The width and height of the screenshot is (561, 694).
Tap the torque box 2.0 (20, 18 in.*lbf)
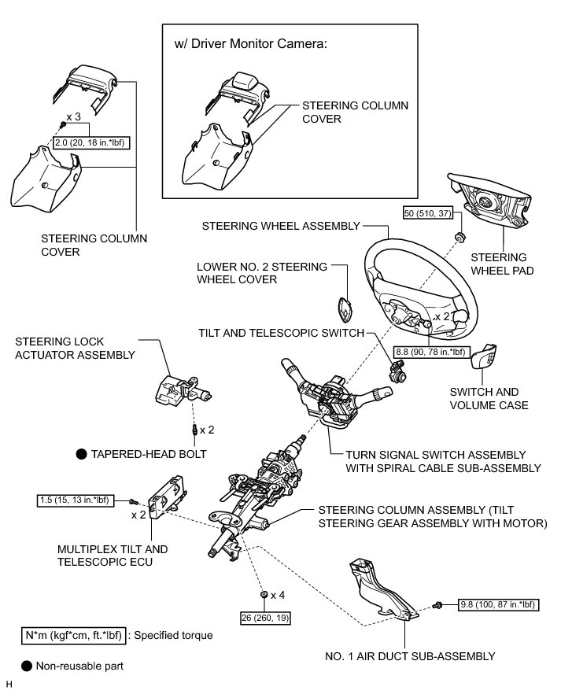coord(91,142)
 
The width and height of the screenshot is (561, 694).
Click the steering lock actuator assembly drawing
coord(181,388)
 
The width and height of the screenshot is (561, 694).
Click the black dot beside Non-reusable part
coord(27,666)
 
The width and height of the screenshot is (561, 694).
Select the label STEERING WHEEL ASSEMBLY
coord(280,225)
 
